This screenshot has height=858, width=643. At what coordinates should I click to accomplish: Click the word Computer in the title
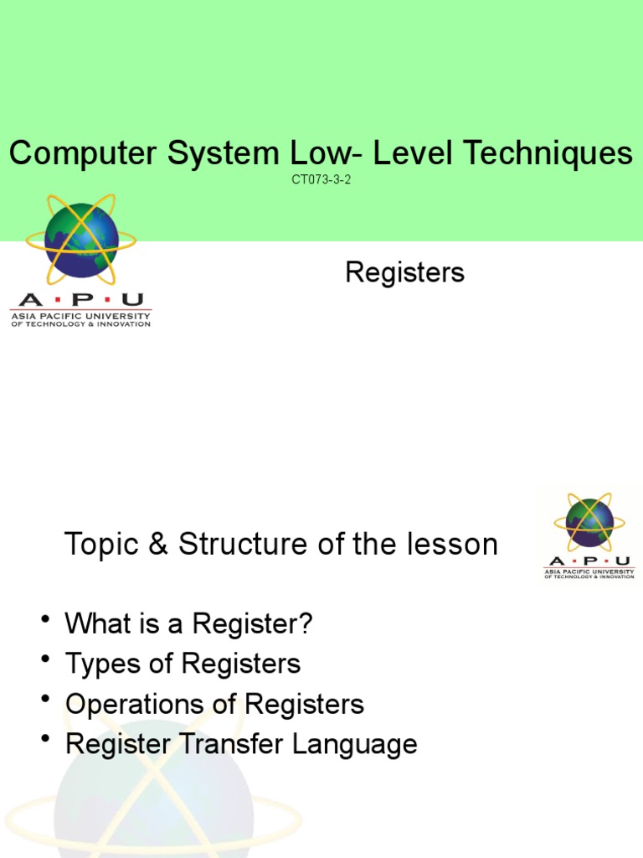pyautogui.click(x=73, y=153)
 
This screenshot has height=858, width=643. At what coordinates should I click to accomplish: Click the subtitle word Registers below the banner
pyautogui.click(x=404, y=272)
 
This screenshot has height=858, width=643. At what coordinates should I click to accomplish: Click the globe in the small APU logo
pyautogui.click(x=589, y=523)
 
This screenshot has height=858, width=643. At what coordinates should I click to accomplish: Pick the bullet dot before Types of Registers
pyautogui.click(x=44, y=660)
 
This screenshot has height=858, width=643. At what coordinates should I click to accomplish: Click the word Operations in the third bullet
pyautogui.click(x=131, y=704)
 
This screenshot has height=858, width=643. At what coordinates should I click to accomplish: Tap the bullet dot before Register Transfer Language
pyautogui.click(x=44, y=741)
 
